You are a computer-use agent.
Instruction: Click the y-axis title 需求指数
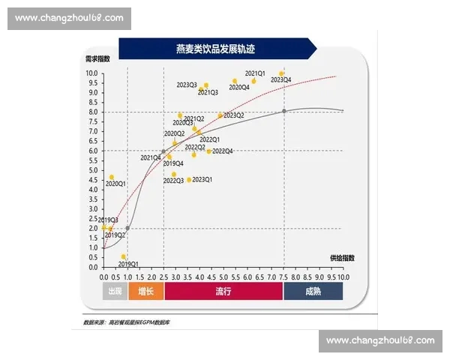(x=97, y=58)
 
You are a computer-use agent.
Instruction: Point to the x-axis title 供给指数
(x=341, y=257)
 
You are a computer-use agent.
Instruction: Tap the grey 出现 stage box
(x=115, y=291)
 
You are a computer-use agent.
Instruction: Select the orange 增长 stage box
(x=145, y=291)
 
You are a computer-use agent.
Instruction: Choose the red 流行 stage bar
(x=223, y=291)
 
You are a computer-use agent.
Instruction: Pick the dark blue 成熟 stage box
(x=313, y=291)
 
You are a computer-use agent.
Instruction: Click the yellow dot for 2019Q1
(x=124, y=256)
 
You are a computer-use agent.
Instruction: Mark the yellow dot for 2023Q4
(x=282, y=73)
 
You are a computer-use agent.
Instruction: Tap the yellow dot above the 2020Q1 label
(x=112, y=177)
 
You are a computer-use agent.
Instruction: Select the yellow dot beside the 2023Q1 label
(x=188, y=180)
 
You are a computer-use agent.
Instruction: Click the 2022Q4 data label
(x=222, y=151)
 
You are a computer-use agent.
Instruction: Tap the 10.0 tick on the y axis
(x=91, y=73)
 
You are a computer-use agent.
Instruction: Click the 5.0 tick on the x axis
(x=223, y=277)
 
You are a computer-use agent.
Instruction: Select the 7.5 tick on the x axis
(x=283, y=277)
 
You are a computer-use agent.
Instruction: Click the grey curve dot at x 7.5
(x=284, y=111)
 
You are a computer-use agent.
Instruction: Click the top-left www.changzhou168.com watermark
(x=69, y=19)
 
